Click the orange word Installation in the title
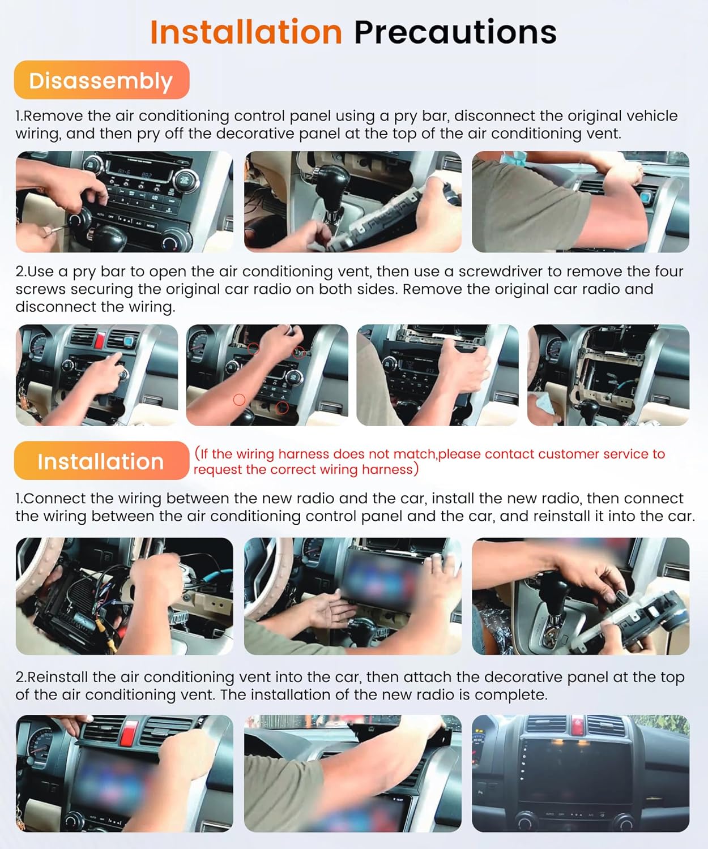tap(246, 32)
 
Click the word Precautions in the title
tap(455, 32)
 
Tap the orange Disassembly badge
tap(101, 80)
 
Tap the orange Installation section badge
tap(101, 461)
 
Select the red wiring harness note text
tap(429, 461)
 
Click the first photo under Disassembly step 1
tap(124, 201)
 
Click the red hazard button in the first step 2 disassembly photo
tap(100, 340)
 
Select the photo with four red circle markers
tap(267, 375)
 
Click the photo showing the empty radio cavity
tap(608, 375)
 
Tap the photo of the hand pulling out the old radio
tap(437, 375)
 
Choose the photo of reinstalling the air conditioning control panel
tap(580, 596)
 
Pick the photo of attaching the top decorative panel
tap(352, 773)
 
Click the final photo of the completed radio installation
tap(580, 773)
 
